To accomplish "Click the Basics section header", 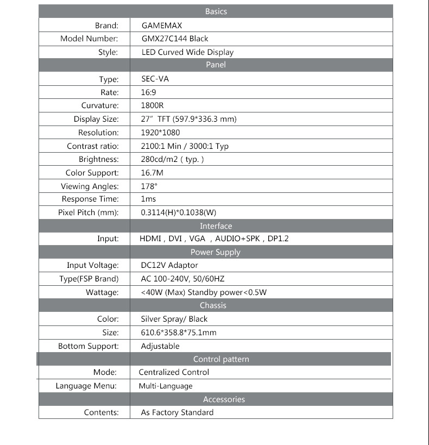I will coord(216,11).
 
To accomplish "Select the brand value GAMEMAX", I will coord(162,26).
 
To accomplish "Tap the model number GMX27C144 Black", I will coord(174,39).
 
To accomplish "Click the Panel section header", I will coord(216,65).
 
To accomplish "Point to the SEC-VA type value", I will coord(155,79).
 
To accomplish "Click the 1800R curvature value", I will coord(152,105).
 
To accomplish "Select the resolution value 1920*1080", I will coord(160,133).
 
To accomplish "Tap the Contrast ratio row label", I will coord(92,146).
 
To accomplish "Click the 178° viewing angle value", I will coord(149,186).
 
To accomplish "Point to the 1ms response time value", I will coord(148,199).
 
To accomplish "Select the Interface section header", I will coord(216,226).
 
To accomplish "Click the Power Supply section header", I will coord(215,252).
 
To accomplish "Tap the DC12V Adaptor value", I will coord(169,265).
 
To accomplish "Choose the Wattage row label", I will coord(102,292).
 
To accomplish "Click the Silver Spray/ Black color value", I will coord(174,319).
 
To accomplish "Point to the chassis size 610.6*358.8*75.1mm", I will coord(179,333).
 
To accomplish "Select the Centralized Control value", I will coord(174,372).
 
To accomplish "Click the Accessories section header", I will coord(224,399).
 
